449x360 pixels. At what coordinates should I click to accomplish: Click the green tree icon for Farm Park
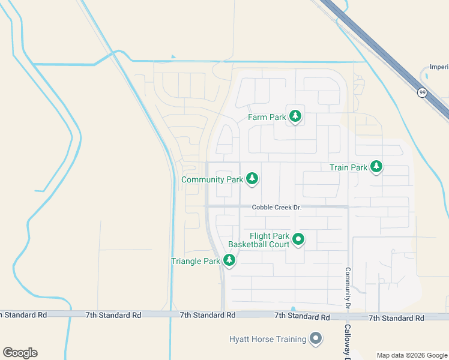(x=295, y=116)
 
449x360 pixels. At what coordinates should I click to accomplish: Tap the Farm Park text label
(x=267, y=118)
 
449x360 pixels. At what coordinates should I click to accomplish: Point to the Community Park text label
(x=212, y=179)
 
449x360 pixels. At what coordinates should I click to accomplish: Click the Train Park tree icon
(x=376, y=167)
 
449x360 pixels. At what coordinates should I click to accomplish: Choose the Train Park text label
(x=348, y=168)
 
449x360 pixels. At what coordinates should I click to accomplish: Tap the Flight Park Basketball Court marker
(x=298, y=240)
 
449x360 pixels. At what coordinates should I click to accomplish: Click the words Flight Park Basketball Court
(x=259, y=240)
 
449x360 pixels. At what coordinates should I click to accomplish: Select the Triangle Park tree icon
(x=229, y=260)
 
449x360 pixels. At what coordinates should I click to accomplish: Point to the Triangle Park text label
(x=196, y=261)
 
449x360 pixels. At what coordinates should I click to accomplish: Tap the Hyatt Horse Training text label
(x=268, y=339)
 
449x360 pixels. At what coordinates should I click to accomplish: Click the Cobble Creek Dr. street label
(x=276, y=207)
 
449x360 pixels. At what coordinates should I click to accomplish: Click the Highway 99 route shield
(x=423, y=92)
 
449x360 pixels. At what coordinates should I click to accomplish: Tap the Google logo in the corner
(x=20, y=352)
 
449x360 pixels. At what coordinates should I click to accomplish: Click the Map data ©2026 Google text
(x=412, y=355)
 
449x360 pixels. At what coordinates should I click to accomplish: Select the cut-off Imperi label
(x=439, y=67)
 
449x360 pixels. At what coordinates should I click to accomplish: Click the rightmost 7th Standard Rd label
(x=396, y=317)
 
